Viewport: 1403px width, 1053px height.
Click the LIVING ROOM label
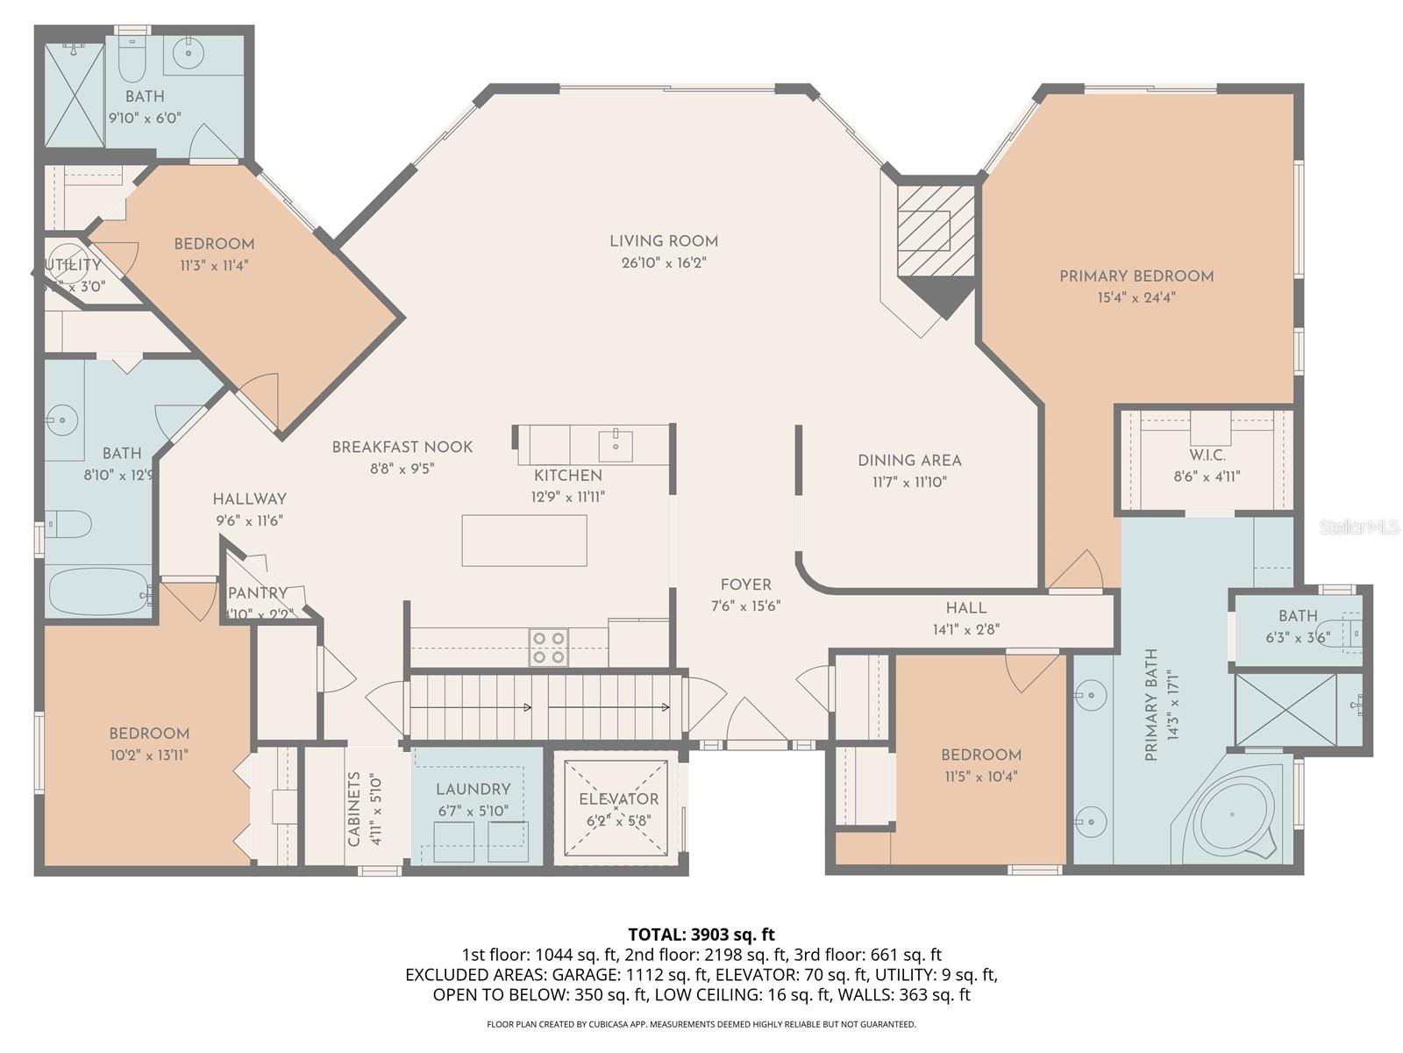pyautogui.click(x=664, y=241)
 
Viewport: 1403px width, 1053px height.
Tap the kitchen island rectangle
pyautogui.click(x=524, y=541)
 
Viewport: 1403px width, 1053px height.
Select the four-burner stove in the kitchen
pyautogui.click(x=548, y=648)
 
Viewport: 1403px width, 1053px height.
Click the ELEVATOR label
pyautogui.click(x=618, y=799)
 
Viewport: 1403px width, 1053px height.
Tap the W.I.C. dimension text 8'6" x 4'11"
pyautogui.click(x=1207, y=477)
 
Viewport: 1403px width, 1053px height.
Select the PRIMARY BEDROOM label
pyautogui.click(x=1136, y=276)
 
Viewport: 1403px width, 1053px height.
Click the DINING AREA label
pyautogui.click(x=909, y=461)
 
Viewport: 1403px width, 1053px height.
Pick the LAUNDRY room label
pyautogui.click(x=473, y=789)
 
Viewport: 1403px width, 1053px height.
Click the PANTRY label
pyautogui.click(x=258, y=594)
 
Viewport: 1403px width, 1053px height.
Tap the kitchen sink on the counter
pyautogui.click(x=616, y=445)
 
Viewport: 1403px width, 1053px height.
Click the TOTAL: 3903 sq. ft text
pyautogui.click(x=701, y=935)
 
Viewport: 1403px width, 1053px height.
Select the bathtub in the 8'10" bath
pyautogui.click(x=96, y=591)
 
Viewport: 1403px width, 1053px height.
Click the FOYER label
pyautogui.click(x=746, y=584)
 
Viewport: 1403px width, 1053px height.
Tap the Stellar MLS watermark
pyautogui.click(x=1358, y=526)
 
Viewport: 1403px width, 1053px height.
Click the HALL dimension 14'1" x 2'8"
pyautogui.click(x=966, y=629)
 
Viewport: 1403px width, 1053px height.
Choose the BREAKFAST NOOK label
pyautogui.click(x=402, y=448)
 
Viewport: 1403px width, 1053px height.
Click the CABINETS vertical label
pyautogui.click(x=354, y=808)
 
